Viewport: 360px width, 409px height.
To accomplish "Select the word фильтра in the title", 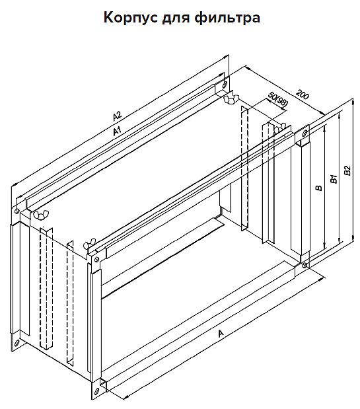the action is (227, 19).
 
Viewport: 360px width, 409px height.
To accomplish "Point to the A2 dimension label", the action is (118, 116).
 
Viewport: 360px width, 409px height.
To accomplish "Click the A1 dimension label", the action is (118, 131).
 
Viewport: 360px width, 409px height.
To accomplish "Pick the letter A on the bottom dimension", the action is (221, 333).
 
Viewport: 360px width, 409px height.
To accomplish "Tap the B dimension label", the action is (318, 188).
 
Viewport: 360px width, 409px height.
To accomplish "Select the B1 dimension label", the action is (334, 180).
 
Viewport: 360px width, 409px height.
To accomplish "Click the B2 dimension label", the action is (347, 170).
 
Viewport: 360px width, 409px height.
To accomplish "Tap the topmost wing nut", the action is (231, 99).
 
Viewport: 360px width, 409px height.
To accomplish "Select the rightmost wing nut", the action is (279, 129).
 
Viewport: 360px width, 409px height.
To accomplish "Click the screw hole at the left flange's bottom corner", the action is (17, 343).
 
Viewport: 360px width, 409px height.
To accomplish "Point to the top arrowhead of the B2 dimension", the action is (353, 102).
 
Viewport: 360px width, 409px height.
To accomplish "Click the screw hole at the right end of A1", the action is (225, 84).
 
